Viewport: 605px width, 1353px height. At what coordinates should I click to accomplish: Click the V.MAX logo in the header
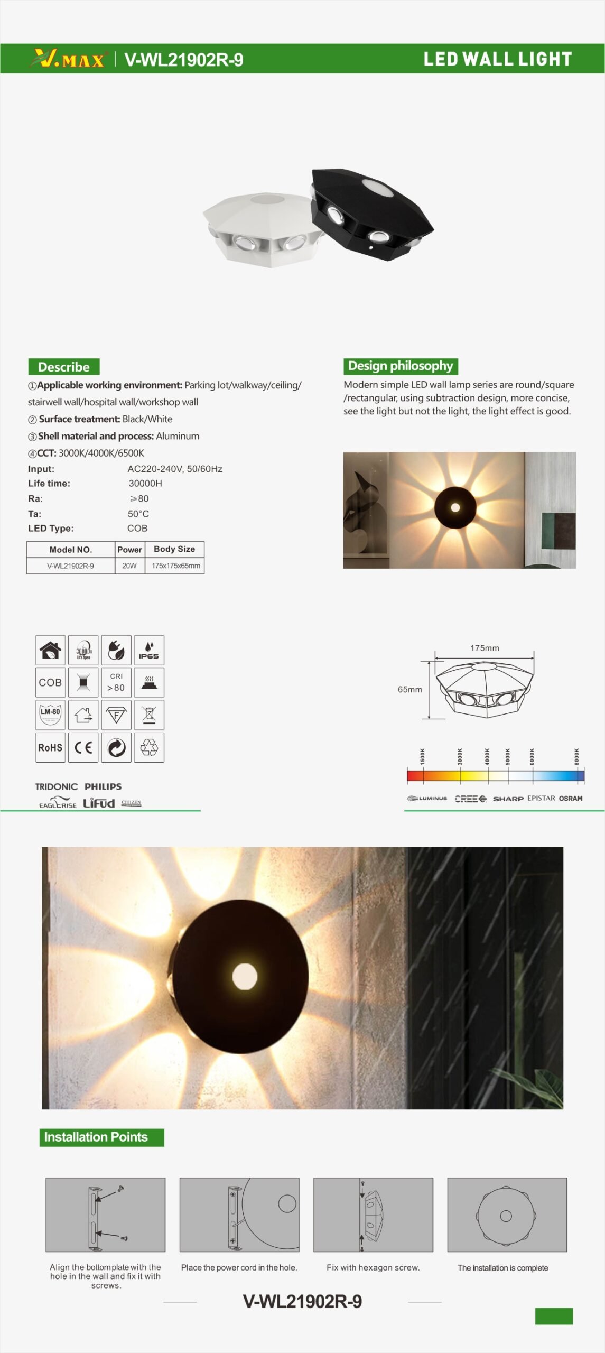[x=69, y=59]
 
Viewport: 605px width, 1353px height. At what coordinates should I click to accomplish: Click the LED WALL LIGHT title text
[x=497, y=59]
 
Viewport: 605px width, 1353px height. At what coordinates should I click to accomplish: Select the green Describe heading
[x=64, y=367]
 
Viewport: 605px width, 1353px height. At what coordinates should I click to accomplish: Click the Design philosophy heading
[x=400, y=366]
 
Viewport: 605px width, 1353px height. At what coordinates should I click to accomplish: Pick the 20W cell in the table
[x=129, y=566]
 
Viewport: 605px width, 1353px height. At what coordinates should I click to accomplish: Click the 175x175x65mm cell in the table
[x=175, y=566]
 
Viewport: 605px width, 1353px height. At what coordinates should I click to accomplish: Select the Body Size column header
[x=174, y=549]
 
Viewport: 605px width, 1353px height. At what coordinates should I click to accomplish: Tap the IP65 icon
[x=149, y=650]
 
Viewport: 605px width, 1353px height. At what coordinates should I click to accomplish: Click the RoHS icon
[x=50, y=747]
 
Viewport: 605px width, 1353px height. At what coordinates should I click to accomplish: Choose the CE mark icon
[x=83, y=747]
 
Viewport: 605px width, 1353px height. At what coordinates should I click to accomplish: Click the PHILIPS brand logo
[x=103, y=786]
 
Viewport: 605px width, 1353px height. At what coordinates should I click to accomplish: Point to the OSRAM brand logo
[x=571, y=798]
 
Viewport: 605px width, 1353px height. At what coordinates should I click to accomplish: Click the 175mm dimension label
[x=485, y=648]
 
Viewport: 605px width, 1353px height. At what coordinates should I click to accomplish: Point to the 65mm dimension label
[x=410, y=689]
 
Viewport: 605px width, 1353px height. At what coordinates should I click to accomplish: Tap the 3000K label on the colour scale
[x=460, y=756]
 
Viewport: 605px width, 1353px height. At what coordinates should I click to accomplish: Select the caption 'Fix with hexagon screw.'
[x=373, y=1267]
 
